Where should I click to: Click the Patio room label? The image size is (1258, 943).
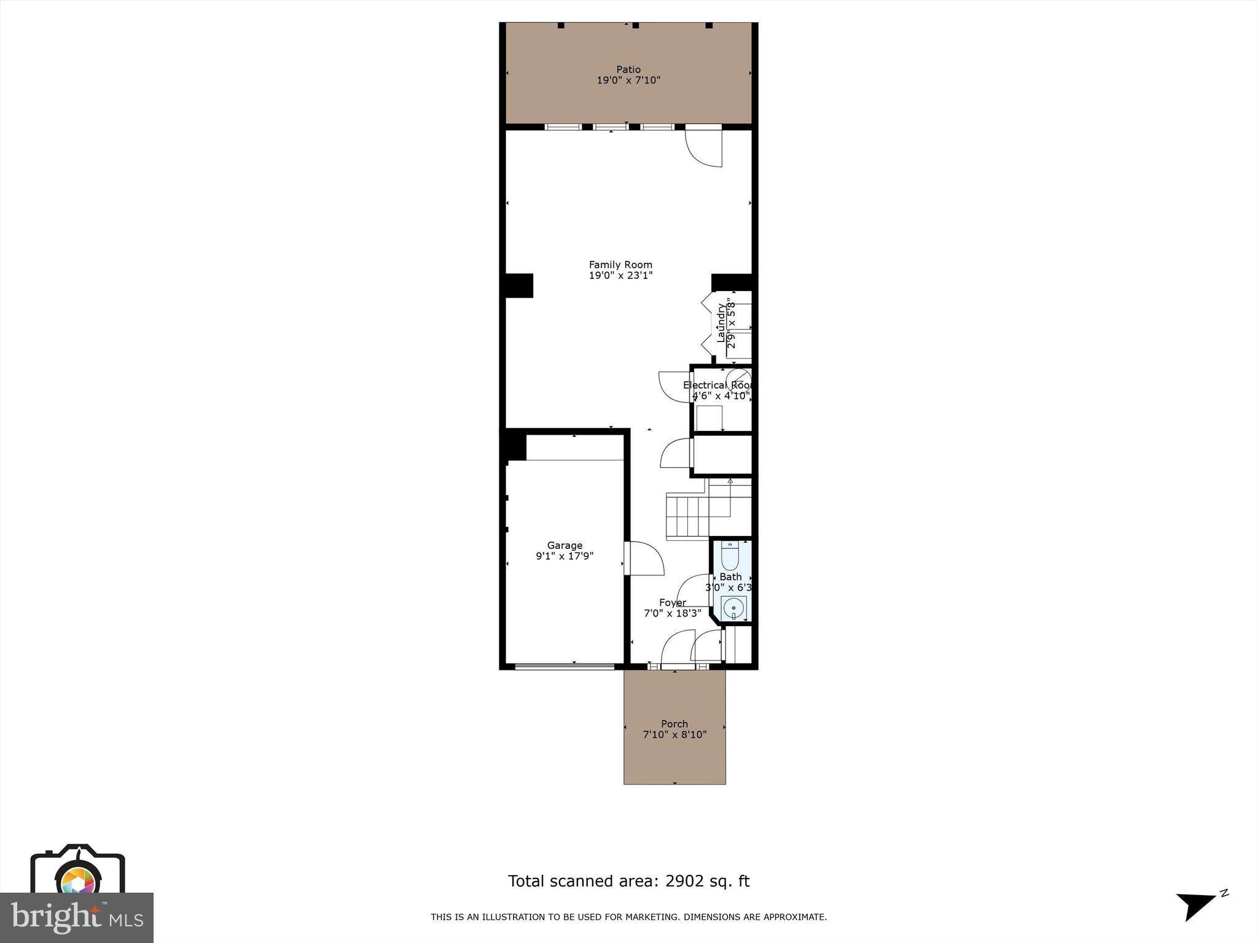[628, 69]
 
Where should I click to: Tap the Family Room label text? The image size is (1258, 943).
[620, 265]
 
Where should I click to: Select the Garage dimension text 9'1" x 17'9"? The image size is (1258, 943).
[565, 556]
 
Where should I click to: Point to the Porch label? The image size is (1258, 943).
[674, 724]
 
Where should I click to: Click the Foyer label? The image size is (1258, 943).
[673, 602]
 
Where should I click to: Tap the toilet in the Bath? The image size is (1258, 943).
[730, 556]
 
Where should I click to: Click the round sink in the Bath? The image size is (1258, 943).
[733, 609]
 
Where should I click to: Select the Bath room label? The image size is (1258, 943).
[730, 576]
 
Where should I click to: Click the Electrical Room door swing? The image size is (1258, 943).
[674, 387]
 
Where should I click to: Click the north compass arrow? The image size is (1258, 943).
[1195, 906]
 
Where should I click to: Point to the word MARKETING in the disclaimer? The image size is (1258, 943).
[650, 917]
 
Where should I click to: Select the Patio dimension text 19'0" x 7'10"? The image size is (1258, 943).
[628, 80]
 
